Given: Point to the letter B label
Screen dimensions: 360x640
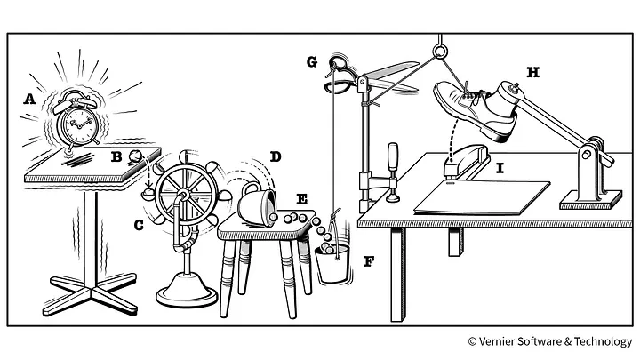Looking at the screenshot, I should [x=116, y=156].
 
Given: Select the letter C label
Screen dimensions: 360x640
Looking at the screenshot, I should [x=139, y=226].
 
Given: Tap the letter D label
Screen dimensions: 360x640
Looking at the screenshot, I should [x=275, y=157].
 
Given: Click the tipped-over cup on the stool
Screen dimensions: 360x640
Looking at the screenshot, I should [x=259, y=205].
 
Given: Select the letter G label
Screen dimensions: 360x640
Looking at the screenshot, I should [x=311, y=62].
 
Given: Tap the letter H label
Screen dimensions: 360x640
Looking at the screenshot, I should [x=532, y=72].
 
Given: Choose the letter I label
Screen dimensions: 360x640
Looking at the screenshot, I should [x=500, y=167].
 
